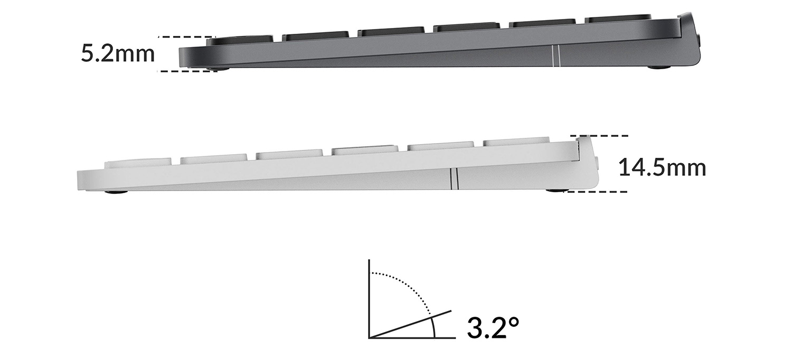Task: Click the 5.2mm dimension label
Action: (118, 53)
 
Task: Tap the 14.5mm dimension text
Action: (662, 168)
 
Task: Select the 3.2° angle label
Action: (493, 327)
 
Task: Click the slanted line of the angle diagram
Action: (410, 324)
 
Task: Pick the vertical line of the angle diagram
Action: (369, 299)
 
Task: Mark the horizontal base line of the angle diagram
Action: (412, 338)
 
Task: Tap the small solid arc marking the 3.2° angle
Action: (433, 327)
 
